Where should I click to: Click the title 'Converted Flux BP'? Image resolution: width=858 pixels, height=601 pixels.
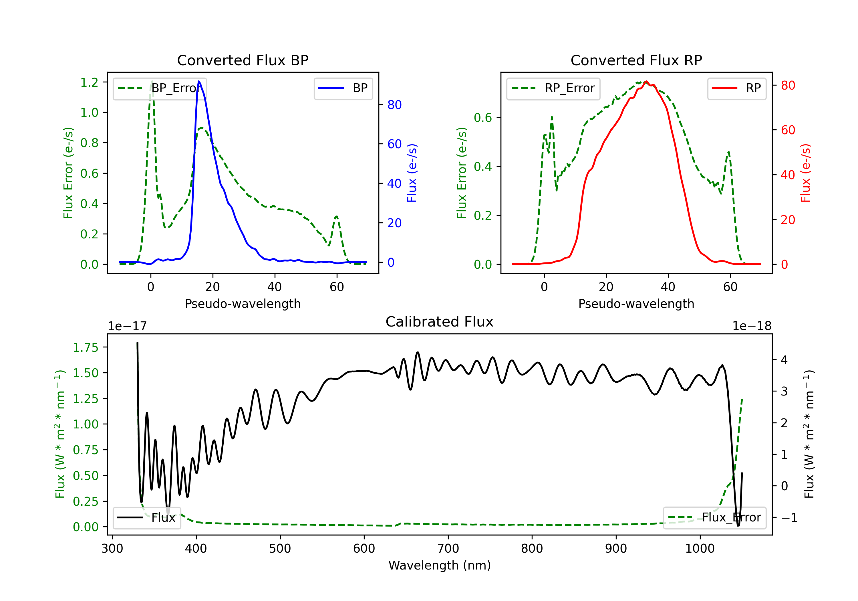243,60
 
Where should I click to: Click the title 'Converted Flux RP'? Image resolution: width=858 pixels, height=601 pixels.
636,60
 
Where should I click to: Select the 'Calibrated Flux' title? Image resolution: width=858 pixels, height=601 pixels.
440,322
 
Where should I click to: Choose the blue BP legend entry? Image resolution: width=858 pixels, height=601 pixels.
343,88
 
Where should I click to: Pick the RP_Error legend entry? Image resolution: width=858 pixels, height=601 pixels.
553,88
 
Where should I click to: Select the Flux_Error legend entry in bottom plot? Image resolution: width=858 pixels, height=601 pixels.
714,518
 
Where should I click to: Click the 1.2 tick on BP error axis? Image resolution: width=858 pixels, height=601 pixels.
89,82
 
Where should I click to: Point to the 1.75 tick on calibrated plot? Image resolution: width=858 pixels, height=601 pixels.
86,347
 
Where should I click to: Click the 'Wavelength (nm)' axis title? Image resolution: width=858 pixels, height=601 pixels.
440,565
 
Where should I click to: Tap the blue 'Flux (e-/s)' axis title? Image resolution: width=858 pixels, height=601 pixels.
412,173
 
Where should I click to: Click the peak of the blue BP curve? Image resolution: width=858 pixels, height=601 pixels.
199,81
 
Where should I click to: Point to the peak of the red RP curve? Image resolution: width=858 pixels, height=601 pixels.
646,81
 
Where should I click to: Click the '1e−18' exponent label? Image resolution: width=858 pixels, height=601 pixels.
752,326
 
